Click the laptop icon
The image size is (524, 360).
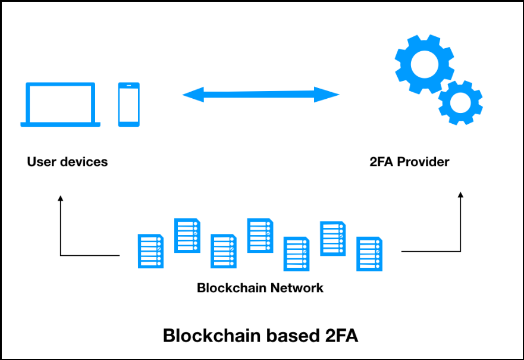click(60, 105)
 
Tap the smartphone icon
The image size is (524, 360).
click(128, 104)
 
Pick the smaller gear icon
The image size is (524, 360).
click(460, 102)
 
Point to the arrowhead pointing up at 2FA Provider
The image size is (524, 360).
click(460, 195)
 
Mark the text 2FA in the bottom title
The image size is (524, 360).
click(340, 336)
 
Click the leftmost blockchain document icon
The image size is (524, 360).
click(150, 251)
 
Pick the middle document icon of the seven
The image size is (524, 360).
click(260, 235)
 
